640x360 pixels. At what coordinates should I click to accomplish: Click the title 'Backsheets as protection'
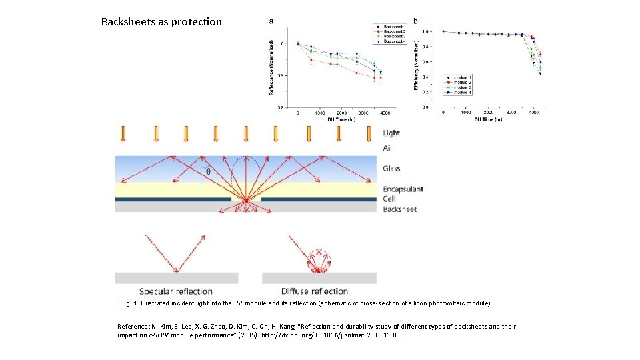tap(161, 21)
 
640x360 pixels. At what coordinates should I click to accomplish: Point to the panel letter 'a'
tap(271, 21)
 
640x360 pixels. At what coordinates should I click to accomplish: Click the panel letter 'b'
tap(416, 21)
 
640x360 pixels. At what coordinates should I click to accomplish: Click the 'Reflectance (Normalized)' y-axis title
tap(271, 67)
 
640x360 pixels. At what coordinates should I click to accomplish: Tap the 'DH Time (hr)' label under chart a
tap(341, 120)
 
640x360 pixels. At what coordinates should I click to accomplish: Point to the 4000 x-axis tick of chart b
tap(534, 113)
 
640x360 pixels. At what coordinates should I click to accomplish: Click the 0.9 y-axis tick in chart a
tap(281, 75)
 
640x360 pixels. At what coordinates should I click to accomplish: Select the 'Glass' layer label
tap(391, 169)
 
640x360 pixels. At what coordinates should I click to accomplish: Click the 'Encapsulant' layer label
tap(403, 189)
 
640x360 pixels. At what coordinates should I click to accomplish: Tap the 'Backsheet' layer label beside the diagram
tap(399, 209)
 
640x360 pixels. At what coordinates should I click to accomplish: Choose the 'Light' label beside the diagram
tap(391, 133)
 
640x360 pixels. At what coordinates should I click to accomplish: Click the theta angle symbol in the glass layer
tap(207, 171)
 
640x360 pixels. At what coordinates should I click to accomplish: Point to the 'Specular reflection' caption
tap(176, 291)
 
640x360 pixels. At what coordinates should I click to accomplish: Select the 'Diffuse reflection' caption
tap(315, 291)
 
